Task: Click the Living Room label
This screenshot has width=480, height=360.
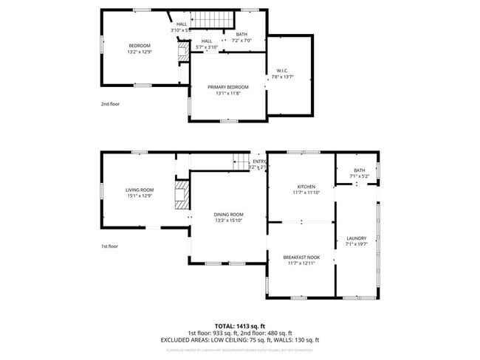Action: click(x=139, y=190)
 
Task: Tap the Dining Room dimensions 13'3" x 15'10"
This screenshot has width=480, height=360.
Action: click(x=228, y=220)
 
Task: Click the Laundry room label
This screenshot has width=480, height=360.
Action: click(x=356, y=238)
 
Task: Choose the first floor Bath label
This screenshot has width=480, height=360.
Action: click(x=359, y=170)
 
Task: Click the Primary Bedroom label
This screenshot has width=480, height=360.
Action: click(x=227, y=87)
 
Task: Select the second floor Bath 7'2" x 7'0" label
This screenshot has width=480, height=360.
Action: click(x=241, y=35)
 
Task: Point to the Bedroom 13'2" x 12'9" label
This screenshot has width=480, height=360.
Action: click(x=139, y=46)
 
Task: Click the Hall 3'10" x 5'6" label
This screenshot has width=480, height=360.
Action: click(x=181, y=24)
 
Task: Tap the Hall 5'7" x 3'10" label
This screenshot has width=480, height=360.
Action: click(x=207, y=41)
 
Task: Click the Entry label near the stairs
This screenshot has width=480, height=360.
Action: click(x=259, y=162)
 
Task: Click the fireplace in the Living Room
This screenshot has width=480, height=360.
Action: click(x=181, y=195)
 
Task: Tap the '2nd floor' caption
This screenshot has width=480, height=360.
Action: click(x=110, y=104)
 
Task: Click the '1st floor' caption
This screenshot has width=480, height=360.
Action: click(x=110, y=246)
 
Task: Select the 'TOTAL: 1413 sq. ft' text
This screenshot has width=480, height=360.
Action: click(x=240, y=325)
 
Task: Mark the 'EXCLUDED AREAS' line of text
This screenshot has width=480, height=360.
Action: click(x=240, y=340)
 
